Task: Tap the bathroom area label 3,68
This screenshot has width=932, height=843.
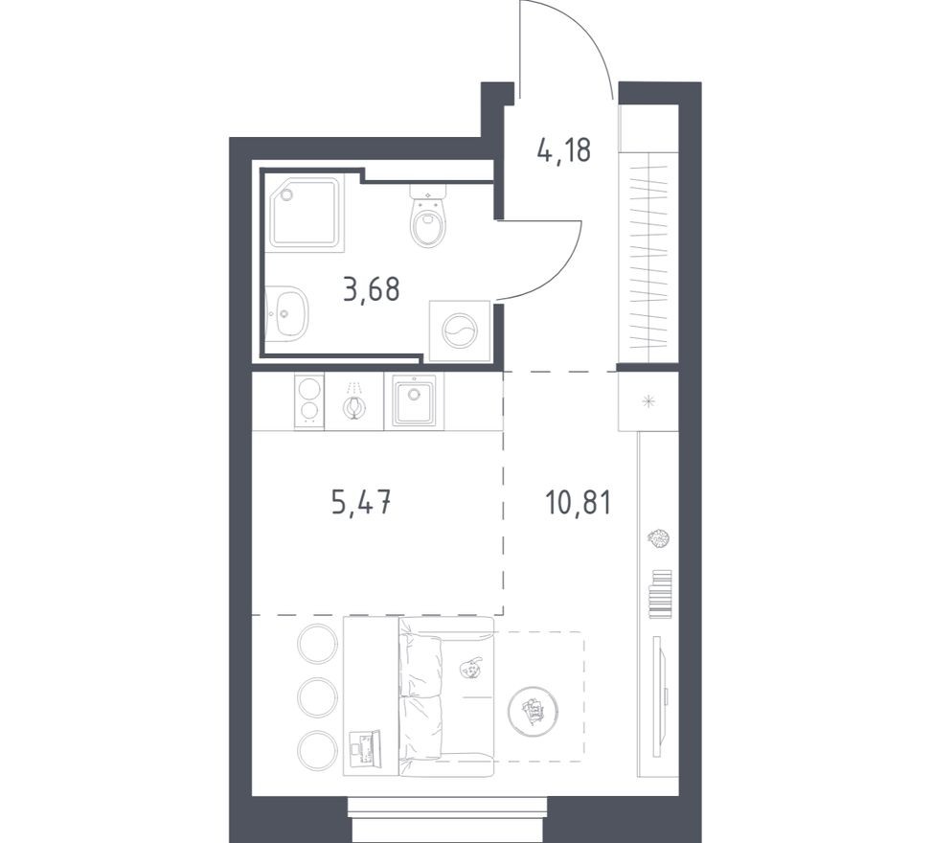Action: (371, 287)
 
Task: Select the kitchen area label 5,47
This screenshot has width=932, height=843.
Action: (361, 501)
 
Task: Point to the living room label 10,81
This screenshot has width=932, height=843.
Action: (578, 501)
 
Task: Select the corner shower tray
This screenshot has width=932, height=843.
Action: (305, 213)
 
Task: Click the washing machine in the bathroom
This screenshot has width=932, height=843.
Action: (459, 331)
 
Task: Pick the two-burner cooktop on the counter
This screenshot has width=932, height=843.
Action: (309, 400)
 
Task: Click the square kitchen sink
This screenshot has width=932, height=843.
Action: (414, 400)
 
